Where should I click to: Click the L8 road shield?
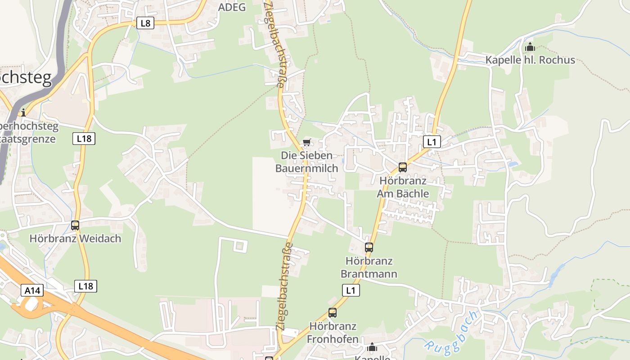pos(145,23)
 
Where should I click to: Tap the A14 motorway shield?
pos(32,290)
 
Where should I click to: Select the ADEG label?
pos(232,7)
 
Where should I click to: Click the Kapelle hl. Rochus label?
pos(530,60)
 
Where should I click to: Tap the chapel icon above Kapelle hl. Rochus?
pos(530,47)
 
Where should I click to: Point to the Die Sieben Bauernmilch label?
pos(306,162)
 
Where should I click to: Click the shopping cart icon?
pos(306,143)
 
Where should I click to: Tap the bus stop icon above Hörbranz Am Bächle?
pos(402,167)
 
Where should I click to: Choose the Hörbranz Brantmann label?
pos(369,267)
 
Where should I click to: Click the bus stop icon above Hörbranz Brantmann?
pos(369,247)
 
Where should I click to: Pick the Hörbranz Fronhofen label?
pos(333,333)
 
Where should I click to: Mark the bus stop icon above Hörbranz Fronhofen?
pos(333,312)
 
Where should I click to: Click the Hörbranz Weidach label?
pos(75,238)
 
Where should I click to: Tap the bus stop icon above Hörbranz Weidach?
pos(75,225)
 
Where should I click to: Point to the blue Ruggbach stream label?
pos(451,331)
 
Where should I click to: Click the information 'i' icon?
pos(23,112)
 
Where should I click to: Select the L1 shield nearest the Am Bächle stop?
pos(432,142)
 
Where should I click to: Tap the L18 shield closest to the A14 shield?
pos(85,286)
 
